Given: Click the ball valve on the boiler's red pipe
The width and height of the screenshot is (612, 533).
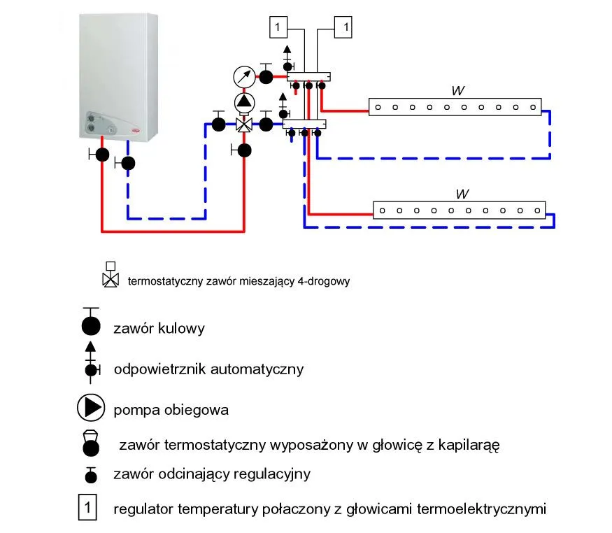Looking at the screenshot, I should (x=102, y=155).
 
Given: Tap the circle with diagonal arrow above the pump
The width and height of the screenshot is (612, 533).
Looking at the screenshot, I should (x=245, y=76).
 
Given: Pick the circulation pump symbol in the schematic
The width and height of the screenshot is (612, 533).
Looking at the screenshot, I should (x=245, y=101).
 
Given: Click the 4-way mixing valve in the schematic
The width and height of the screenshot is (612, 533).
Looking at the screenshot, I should (x=245, y=125).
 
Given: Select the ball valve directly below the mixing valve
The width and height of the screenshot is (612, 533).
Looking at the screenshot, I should (x=244, y=149).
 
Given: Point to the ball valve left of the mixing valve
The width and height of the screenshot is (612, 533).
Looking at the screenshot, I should (x=219, y=125).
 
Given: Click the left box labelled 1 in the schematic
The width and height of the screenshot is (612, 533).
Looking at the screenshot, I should (x=278, y=27).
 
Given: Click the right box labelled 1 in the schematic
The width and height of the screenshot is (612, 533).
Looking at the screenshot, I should (x=343, y=27).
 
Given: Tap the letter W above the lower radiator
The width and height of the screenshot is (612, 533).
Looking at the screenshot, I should (x=460, y=194).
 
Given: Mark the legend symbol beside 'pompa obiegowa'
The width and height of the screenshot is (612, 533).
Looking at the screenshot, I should (x=91, y=408).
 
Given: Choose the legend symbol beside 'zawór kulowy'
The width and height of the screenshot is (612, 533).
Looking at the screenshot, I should (x=91, y=326).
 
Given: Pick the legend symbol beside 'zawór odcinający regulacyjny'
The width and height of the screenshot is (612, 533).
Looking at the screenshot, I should (x=90, y=476).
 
